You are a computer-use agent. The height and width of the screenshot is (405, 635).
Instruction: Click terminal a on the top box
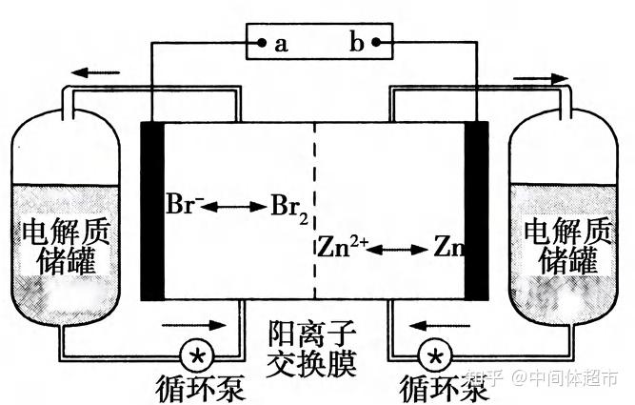tap(259, 43)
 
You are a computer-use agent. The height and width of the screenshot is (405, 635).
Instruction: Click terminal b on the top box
tap(377, 43)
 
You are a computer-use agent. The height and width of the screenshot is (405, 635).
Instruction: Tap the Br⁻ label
tap(184, 204)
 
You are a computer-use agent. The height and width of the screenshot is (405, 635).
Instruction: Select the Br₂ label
tap(288, 206)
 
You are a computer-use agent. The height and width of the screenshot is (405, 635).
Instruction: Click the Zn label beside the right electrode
tap(448, 249)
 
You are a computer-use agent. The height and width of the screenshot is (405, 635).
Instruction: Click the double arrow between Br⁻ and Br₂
tap(236, 205)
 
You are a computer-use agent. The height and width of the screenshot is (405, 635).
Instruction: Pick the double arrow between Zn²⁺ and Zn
tap(399, 250)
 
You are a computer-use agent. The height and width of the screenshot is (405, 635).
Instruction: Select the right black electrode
tap(475, 210)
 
